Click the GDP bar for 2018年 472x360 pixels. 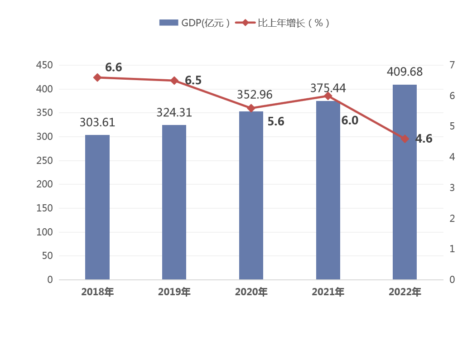97,207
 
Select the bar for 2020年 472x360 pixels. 251,196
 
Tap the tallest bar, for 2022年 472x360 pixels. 405,182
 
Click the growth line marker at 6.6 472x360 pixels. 97,77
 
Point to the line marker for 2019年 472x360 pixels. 174,81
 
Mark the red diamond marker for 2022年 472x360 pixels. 405,139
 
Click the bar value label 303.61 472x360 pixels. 97,123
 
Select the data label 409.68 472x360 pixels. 405,72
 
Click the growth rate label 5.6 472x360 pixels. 276,121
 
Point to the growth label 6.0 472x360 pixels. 349,120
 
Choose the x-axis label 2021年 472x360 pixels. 328,292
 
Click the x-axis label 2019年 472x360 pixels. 174,292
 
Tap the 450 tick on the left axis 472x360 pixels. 44,65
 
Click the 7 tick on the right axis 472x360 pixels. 452,65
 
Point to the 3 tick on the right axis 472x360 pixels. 452,187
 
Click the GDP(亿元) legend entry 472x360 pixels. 195,23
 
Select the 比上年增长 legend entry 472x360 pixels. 285,23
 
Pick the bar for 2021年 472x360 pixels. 328,190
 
